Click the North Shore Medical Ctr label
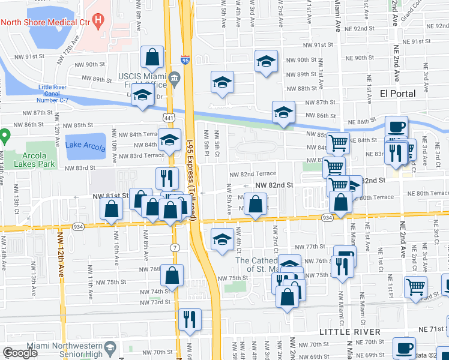46,22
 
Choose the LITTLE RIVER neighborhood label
349,332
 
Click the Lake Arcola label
85,145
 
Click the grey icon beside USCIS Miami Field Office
175,77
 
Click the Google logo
20,353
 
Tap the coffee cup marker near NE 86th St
396,126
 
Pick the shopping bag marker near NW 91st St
152,57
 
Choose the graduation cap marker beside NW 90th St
266,61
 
